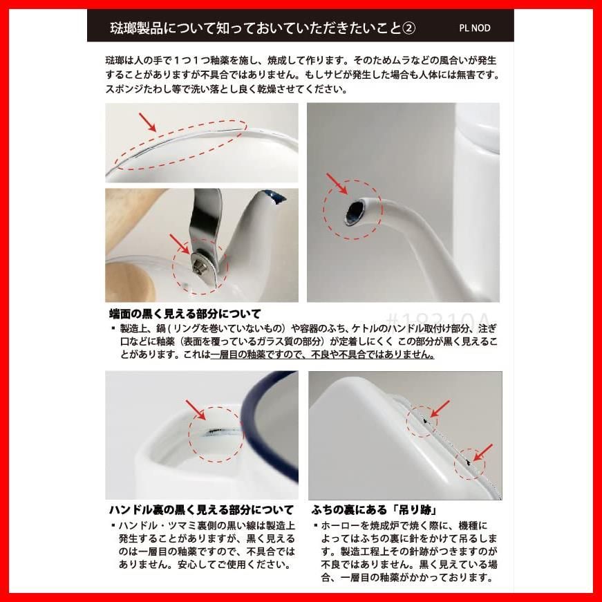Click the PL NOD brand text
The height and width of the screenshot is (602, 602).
[x=475, y=28]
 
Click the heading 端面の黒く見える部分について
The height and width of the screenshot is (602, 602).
[x=185, y=314]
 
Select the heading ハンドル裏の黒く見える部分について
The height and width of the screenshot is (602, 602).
[x=201, y=510]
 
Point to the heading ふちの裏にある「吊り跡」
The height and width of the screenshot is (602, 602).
[x=375, y=510]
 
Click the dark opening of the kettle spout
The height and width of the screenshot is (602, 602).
[x=352, y=212]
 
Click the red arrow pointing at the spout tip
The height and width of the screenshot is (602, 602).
[x=337, y=184]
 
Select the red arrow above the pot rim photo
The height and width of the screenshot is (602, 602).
[x=148, y=122]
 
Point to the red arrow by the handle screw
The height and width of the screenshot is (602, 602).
[x=180, y=244]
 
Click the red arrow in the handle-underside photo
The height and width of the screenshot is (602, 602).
[x=196, y=410]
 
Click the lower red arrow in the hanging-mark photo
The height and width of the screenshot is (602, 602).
[x=483, y=453]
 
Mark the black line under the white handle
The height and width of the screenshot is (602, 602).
[x=218, y=431]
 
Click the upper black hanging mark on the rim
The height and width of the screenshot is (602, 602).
[x=425, y=420]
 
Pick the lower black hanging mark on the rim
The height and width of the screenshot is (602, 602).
[x=468, y=462]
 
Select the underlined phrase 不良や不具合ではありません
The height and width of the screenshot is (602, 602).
[x=373, y=354]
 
